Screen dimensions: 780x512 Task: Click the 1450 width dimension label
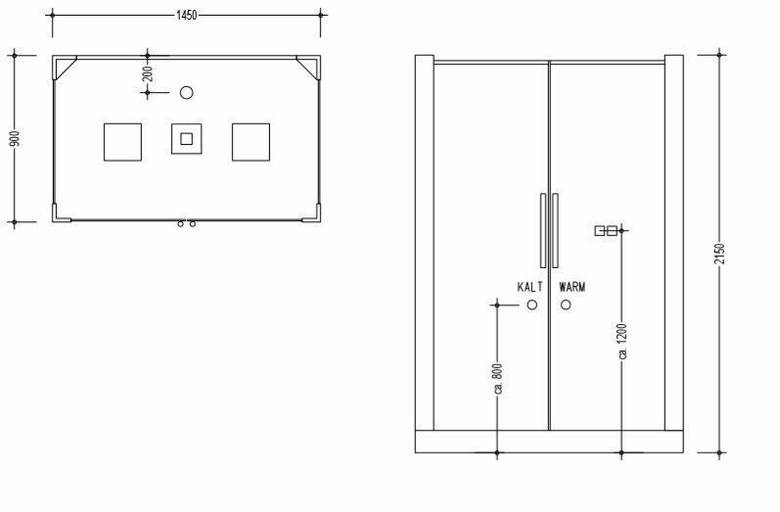click(187, 16)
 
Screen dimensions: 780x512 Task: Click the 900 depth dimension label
click(16, 139)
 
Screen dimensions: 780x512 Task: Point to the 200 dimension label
click(147, 74)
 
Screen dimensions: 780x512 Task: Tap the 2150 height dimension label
click(719, 255)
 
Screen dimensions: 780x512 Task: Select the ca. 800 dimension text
click(498, 379)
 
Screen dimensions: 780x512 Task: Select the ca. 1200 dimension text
click(621, 342)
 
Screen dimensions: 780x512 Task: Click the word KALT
click(530, 287)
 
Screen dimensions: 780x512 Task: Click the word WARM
click(573, 287)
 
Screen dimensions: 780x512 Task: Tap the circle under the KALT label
click(532, 300)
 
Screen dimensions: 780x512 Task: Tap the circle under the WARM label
click(566, 300)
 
